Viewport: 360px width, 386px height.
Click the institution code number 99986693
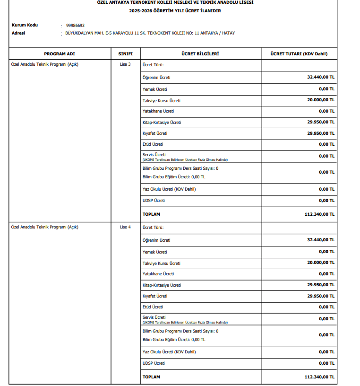tap(76, 25)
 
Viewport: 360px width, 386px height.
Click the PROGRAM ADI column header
tap(60, 54)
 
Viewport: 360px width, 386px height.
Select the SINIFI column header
tap(125, 54)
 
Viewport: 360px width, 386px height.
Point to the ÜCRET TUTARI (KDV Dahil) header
tap(299, 54)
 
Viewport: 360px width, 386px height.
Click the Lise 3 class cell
tap(125, 64)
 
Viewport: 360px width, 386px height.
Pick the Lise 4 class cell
tap(125, 227)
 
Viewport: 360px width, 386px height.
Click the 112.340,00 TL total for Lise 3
tap(319, 214)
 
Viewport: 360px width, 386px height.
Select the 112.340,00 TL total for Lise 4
tap(319, 377)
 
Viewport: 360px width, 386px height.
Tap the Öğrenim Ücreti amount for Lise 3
tap(321, 77)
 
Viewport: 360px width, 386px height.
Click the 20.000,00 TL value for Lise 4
tap(321, 263)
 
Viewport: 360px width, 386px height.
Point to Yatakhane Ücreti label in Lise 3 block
tap(158, 111)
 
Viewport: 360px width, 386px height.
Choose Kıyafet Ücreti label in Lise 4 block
tap(155, 296)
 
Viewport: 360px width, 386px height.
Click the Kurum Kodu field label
tap(25, 25)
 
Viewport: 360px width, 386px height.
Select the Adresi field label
tap(18, 33)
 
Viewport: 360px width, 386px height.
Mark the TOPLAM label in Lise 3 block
tap(151, 214)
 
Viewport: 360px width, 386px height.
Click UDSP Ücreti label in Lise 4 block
tap(154, 363)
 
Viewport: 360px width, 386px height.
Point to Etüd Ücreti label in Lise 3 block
tap(153, 144)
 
